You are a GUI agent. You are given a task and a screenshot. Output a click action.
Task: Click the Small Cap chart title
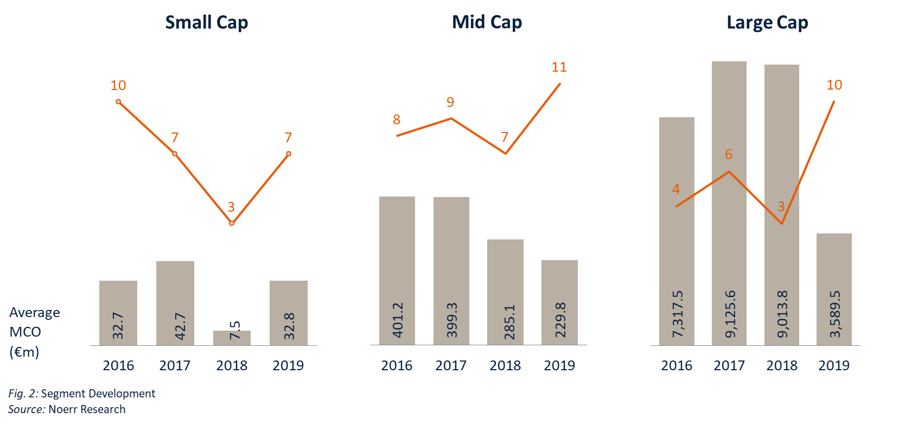tap(207, 22)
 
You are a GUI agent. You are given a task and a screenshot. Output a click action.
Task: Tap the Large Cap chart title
tap(767, 22)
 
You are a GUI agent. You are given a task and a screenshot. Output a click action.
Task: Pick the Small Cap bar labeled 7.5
tap(232, 338)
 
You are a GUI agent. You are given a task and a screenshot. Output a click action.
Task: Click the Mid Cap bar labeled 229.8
tap(559, 302)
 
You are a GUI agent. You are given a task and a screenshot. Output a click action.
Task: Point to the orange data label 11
tap(559, 67)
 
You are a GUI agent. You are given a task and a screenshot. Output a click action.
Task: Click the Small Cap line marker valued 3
tap(232, 223)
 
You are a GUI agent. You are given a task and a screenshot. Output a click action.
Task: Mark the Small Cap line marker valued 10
tap(118, 102)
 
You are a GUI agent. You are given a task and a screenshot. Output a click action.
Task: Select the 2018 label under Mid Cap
tap(505, 365)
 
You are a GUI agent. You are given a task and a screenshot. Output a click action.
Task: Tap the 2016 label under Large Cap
tap(677, 365)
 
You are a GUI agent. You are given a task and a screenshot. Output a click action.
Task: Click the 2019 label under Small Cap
tap(288, 365)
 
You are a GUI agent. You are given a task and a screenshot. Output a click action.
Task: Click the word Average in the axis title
tap(35, 312)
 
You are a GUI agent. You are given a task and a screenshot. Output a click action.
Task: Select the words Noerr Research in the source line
tap(87, 409)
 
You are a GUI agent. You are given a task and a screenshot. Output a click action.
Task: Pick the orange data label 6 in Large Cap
tap(729, 154)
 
